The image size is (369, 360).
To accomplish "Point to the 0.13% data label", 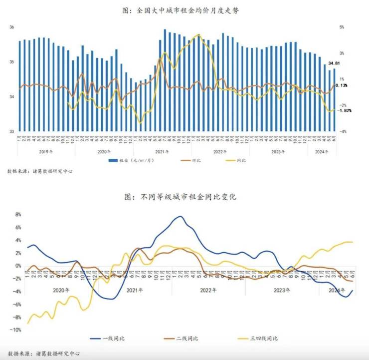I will pos(342,85).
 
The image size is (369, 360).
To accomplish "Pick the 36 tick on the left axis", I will pos(11,27).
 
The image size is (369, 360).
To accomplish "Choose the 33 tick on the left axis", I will pos(11,131).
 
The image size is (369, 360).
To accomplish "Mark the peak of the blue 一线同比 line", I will pos(180,216).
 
